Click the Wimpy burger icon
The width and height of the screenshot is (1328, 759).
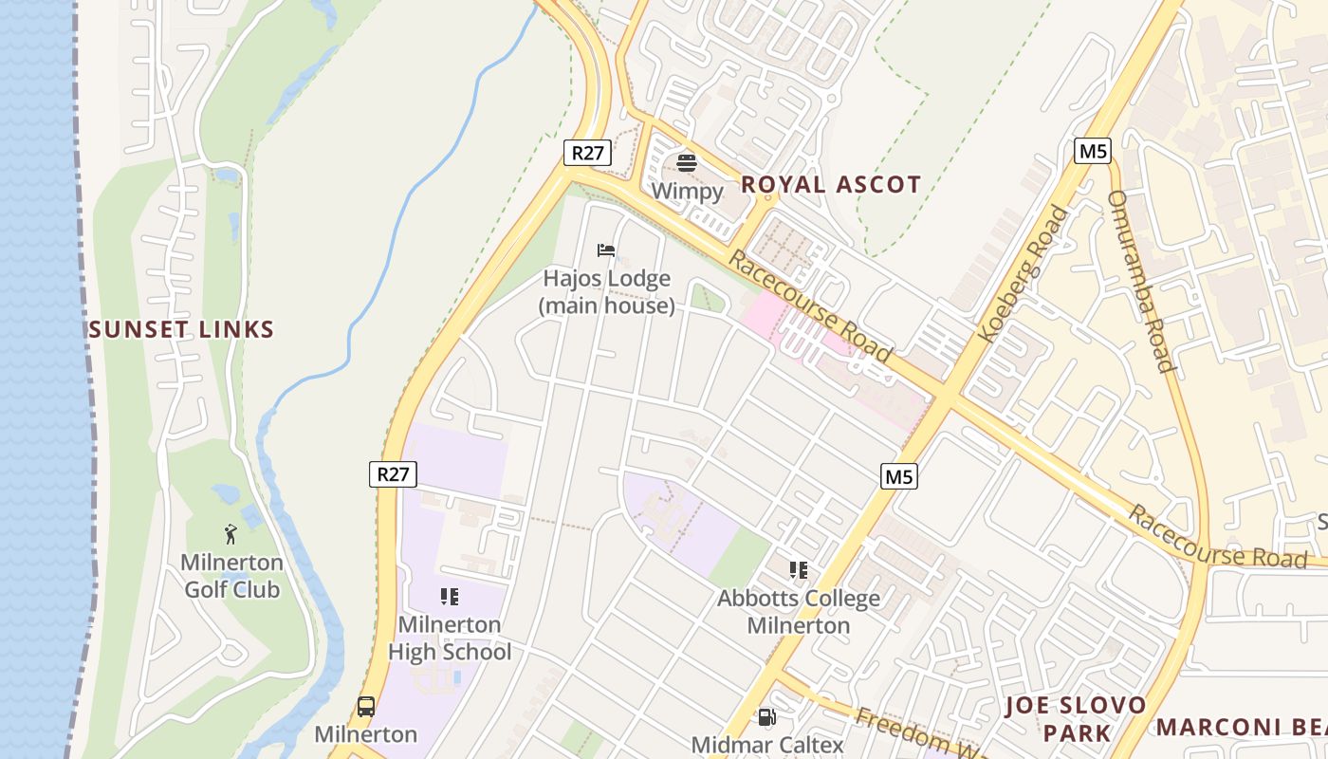[687, 162]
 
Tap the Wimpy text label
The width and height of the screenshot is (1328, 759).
[687, 191]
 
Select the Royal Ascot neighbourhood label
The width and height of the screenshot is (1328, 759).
[831, 185]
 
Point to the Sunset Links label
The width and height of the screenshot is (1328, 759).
[181, 330]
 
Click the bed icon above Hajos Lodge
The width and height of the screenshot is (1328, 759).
[606, 250]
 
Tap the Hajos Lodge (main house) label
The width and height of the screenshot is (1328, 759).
[607, 292]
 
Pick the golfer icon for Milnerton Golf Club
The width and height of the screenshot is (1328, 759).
[231, 534]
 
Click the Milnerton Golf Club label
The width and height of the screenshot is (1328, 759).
[232, 576]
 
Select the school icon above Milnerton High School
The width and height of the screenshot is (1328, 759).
[450, 597]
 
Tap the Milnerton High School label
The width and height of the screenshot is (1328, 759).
[450, 639]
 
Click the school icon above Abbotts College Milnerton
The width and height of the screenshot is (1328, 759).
[799, 570]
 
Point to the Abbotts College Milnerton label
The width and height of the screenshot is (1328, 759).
[799, 612]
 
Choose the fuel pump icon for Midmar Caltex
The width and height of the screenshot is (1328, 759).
[766, 718]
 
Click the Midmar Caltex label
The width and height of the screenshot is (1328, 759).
[767, 745]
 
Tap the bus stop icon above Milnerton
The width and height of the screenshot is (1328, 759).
[366, 707]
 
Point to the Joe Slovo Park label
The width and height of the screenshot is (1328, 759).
[1076, 719]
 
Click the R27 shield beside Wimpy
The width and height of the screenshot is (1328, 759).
[587, 152]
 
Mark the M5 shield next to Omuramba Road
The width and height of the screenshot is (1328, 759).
[1093, 151]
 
